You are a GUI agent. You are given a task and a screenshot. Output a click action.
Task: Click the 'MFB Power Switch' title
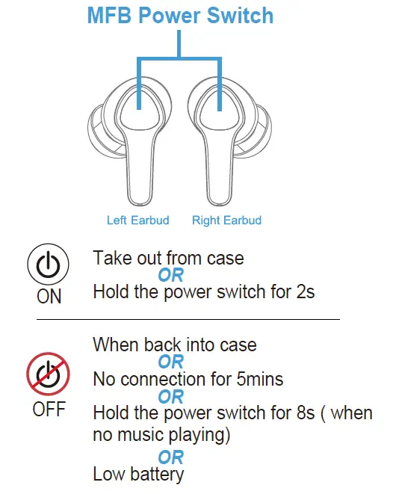[180, 15]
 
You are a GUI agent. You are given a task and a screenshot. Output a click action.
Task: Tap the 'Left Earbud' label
[137, 220]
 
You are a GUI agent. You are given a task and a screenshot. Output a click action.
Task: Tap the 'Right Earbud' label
[226, 220]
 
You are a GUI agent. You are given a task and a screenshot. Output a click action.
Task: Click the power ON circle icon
[49, 266]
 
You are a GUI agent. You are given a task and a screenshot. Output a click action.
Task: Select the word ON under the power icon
[49, 297]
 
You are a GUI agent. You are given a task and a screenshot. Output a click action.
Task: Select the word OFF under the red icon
[49, 410]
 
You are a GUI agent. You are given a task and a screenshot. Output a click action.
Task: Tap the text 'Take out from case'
[168, 259]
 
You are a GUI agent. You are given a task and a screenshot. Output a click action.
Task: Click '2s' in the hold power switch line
[304, 291]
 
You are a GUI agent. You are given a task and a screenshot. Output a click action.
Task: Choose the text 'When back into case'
[174, 345]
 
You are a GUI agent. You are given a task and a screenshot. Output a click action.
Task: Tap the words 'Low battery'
[138, 474]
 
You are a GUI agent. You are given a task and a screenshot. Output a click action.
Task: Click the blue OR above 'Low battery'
[170, 456]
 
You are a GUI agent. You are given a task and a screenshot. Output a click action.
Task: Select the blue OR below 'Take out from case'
[170, 275]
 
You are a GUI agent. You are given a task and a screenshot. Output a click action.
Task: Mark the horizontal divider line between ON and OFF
[187, 319]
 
